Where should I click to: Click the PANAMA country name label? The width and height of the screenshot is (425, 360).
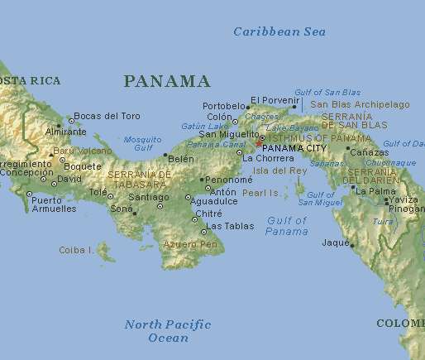tap(166, 81)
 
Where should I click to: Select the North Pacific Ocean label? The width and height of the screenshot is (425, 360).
tap(168, 330)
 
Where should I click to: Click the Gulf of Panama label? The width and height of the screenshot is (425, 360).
tap(286, 225)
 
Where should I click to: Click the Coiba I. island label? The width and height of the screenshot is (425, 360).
tap(75, 249)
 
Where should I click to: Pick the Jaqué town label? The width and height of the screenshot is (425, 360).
tap(335, 242)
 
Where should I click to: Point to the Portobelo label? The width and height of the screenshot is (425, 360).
tap(223, 107)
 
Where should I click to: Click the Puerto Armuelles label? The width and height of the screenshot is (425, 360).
tap(53, 204)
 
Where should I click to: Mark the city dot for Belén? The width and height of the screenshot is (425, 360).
tap(166, 155)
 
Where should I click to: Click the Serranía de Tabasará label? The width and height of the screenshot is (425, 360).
tap(140, 180)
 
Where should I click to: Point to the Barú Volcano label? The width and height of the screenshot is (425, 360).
tap(83, 151)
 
